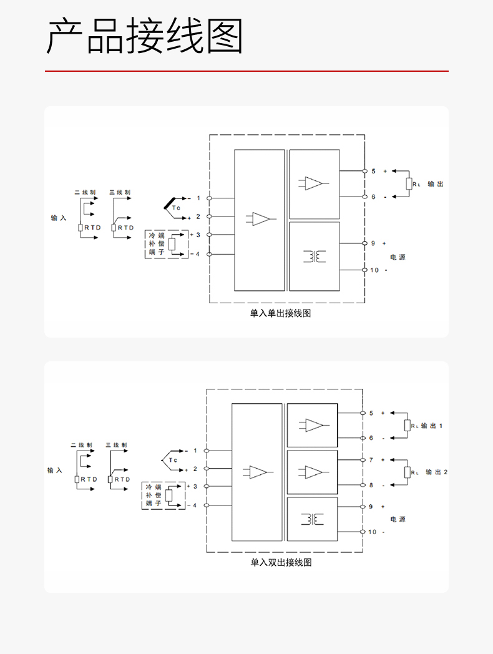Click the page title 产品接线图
point(145,36)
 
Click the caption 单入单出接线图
point(280,313)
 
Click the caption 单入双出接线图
point(281,562)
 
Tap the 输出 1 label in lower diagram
point(432,426)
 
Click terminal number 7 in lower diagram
point(371,460)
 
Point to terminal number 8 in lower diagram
point(371,485)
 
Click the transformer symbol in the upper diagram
point(315,256)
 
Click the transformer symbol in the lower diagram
point(313,519)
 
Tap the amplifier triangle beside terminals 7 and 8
point(314,472)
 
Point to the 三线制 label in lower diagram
point(116,445)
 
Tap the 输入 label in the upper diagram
point(59,218)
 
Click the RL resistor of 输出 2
point(407,472)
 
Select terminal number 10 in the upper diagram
point(374,270)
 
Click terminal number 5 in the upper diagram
point(373,171)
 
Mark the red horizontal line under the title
point(246,71)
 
